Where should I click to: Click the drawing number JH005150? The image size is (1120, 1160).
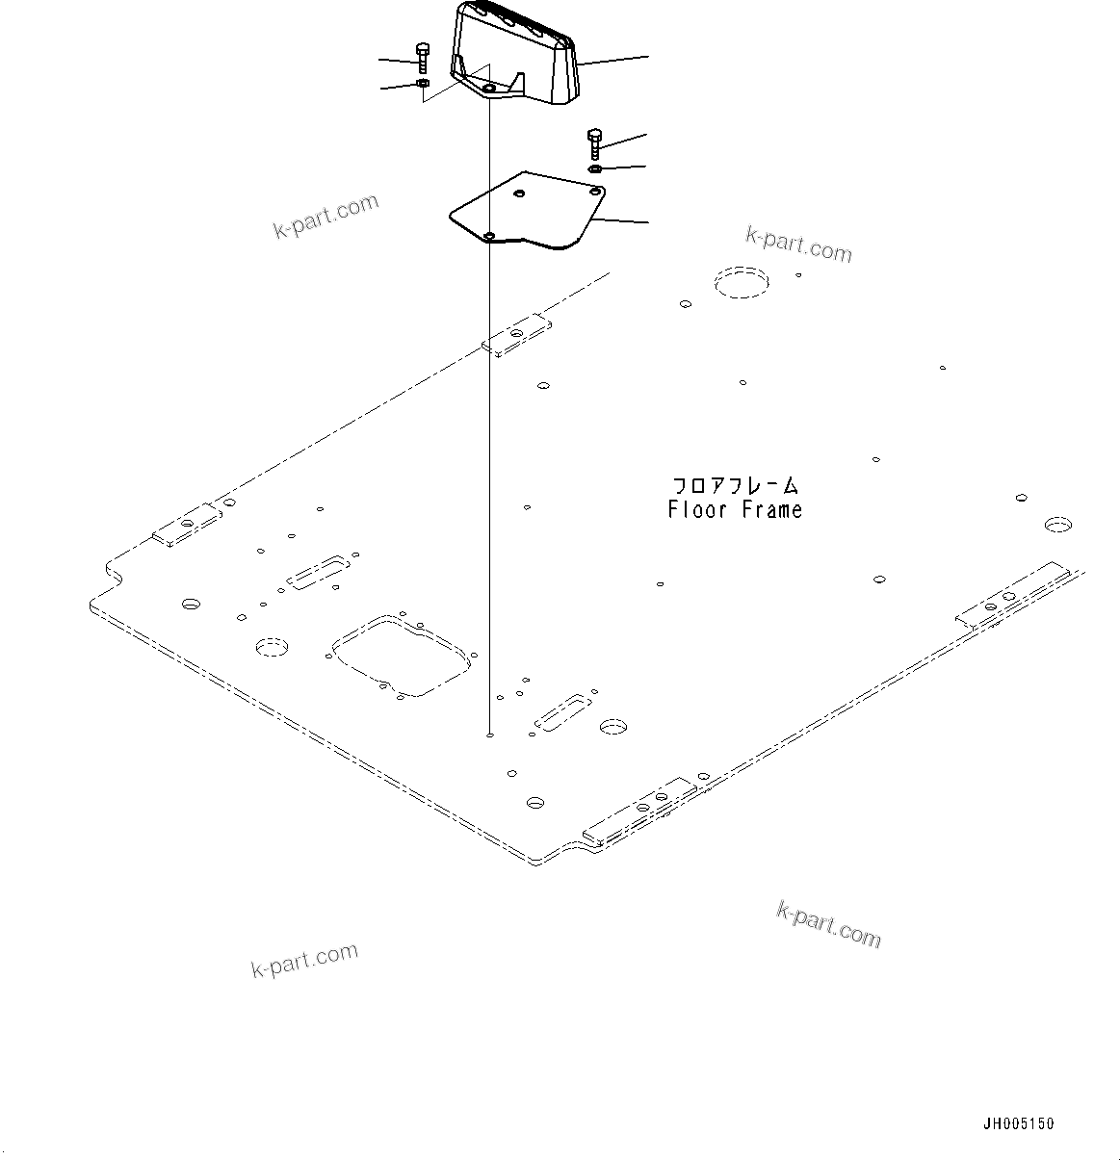click(1018, 1123)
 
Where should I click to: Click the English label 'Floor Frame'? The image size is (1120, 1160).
click(735, 510)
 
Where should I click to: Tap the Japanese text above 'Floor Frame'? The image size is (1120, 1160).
click(735, 486)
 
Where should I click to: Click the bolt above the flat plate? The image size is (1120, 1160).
click(593, 144)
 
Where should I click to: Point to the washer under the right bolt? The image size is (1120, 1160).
click(595, 169)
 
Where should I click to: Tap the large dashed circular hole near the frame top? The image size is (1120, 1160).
click(742, 282)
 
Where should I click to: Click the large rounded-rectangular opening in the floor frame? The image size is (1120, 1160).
click(400, 654)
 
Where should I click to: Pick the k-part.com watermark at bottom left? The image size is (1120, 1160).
click(304, 960)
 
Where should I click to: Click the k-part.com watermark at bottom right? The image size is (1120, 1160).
click(828, 924)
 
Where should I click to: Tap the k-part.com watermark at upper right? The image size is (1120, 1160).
click(798, 245)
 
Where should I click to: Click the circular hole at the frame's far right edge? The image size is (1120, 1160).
click(1057, 525)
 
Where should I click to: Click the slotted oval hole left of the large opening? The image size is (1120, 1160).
click(314, 572)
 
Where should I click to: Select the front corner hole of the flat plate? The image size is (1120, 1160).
click(489, 236)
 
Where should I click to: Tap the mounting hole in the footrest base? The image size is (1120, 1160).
click(489, 89)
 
